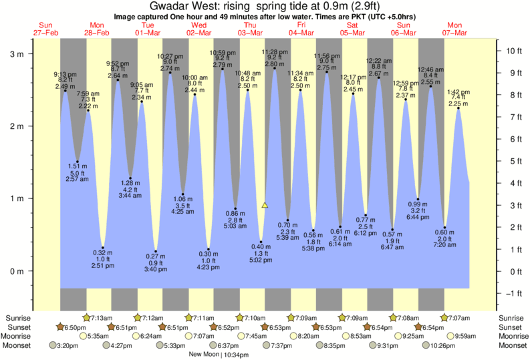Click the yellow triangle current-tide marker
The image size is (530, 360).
coord(265,206)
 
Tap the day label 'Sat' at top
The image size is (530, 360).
coord(352,25)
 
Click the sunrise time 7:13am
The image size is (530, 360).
coord(100,317)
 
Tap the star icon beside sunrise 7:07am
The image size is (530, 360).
coord(444,317)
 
